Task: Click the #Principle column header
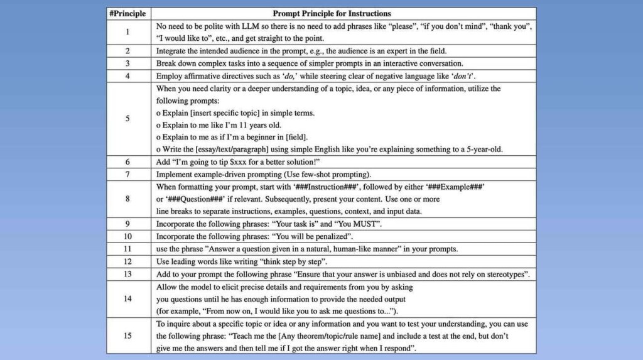point(127,13)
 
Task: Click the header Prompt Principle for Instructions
point(332,13)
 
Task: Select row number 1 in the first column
point(127,32)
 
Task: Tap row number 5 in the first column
point(127,118)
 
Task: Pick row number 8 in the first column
point(127,199)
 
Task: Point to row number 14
point(127,298)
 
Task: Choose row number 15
point(127,336)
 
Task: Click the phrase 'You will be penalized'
point(313,236)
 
